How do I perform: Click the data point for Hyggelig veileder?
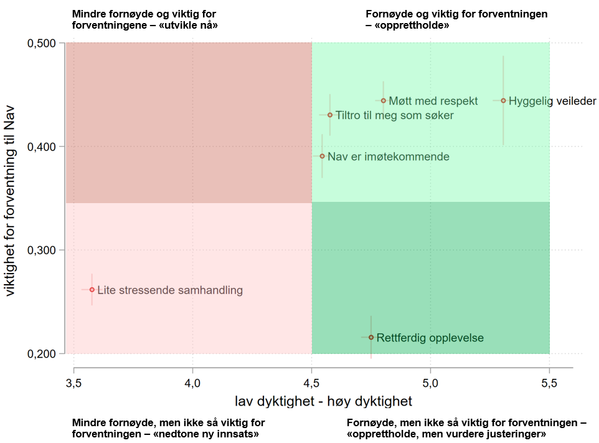click(503, 100)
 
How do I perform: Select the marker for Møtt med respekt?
click(384, 100)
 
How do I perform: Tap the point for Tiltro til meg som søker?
click(330, 115)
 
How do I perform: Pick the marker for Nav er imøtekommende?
click(322, 156)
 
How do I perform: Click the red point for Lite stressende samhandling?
click(92, 290)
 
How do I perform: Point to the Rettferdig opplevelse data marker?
click(371, 337)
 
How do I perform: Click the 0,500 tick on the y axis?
click(42, 44)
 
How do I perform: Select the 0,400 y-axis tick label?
click(42, 147)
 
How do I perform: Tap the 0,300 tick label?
click(42, 250)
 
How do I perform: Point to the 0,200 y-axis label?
click(42, 354)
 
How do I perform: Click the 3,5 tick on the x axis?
click(74, 380)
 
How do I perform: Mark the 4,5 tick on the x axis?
click(311, 380)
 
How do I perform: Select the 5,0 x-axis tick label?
click(430, 380)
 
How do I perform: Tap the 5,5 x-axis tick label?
click(549, 380)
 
